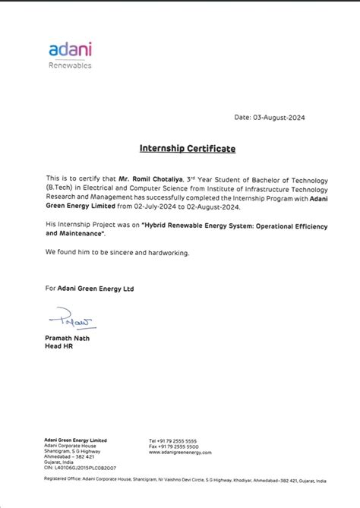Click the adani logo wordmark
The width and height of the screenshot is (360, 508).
[x=70, y=49]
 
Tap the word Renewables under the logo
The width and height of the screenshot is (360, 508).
[x=70, y=66]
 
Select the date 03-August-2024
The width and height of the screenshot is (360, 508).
[x=287, y=117]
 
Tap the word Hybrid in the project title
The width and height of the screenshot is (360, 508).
[x=157, y=225]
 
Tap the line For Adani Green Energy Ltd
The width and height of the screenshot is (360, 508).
[x=89, y=288]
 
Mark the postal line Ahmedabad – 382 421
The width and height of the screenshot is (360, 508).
[x=68, y=456]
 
